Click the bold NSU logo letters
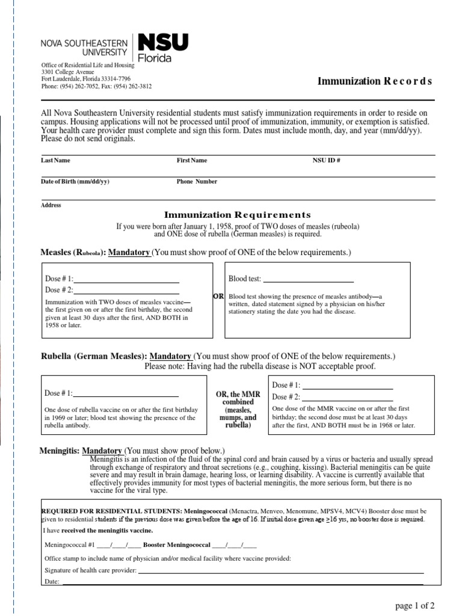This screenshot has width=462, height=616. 163,42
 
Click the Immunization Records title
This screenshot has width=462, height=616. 374,81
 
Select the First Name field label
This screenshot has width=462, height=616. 191,161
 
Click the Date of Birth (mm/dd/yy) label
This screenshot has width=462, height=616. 75,182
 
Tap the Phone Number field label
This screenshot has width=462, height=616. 197,182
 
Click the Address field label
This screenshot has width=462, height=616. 51,205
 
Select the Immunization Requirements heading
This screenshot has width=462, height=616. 238,215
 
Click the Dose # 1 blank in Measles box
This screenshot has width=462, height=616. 126,279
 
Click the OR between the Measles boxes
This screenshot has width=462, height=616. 218,297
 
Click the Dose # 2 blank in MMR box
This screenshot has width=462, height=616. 348,396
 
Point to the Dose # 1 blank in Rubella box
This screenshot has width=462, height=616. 126,393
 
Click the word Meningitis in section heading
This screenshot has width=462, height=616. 59,451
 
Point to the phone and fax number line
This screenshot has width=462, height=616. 96,86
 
